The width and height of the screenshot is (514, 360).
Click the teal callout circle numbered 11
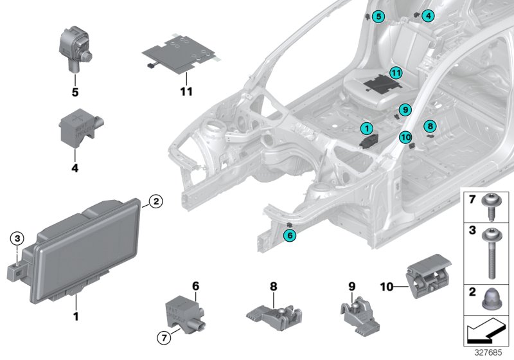tap(396, 73)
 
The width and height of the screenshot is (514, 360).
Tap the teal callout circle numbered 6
tap(290, 236)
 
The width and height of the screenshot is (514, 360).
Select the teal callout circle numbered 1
tap(366, 129)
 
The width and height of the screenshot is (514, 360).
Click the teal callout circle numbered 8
tap(430, 126)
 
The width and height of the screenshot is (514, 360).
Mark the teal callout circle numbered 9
tap(404, 111)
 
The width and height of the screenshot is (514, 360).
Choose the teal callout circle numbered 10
tap(405, 136)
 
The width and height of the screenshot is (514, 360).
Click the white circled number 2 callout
tap(155, 201)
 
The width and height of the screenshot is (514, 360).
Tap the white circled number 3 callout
tap(17, 239)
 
